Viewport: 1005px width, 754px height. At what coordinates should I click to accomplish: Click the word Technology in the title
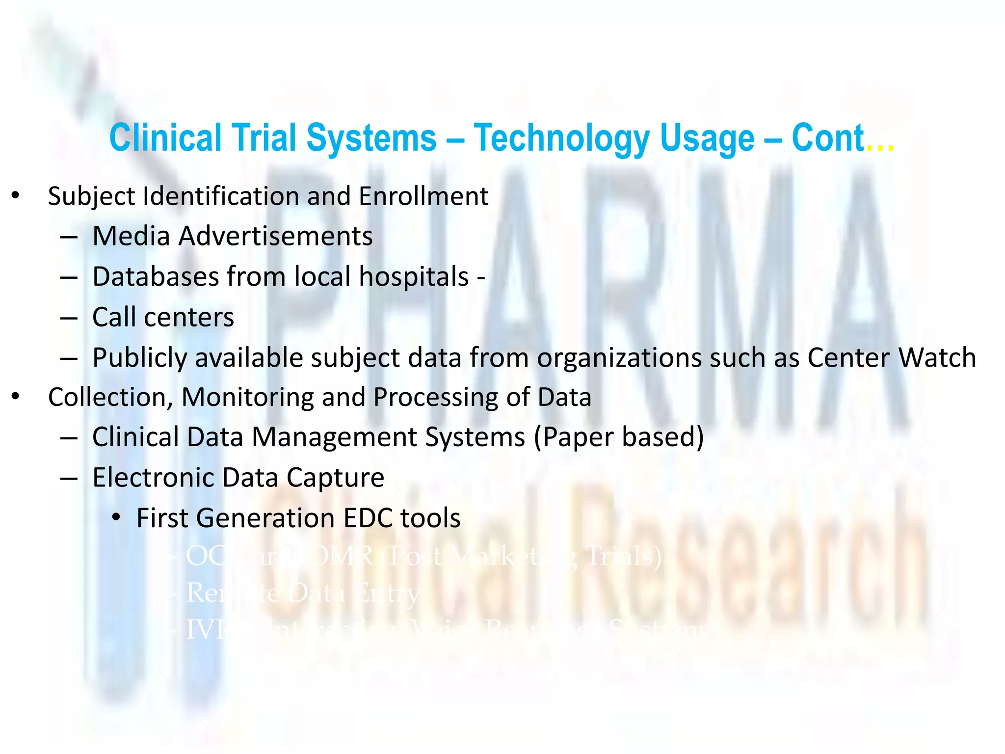point(561,138)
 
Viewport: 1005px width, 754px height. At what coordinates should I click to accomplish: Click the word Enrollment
point(423,196)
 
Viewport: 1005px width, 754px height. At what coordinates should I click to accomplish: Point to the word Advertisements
point(275,236)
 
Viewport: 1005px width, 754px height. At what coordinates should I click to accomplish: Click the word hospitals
point(414,277)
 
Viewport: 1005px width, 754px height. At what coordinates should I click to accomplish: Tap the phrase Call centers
point(163,317)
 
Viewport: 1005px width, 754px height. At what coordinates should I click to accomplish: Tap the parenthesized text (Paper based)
point(618,437)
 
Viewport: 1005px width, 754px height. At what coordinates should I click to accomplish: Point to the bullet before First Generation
point(116,517)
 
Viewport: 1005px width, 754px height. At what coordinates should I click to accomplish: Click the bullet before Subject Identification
point(16,196)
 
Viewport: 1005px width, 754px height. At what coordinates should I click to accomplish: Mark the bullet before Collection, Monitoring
point(16,397)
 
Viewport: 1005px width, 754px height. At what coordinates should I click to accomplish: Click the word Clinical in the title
point(165,138)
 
